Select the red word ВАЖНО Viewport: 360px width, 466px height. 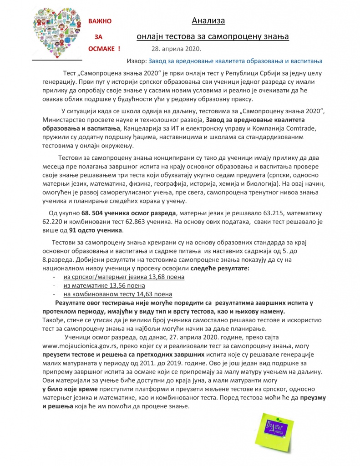pos(100,21)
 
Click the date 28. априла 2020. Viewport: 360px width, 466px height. pos(176,49)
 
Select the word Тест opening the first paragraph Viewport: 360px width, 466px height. pos(69,75)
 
